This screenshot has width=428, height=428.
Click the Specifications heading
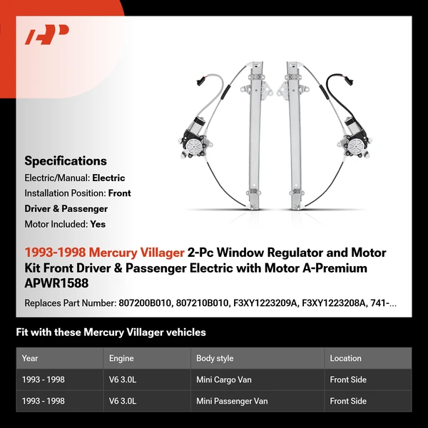point(66,160)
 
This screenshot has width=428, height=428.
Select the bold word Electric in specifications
point(108,178)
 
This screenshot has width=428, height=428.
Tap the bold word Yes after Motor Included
point(98,223)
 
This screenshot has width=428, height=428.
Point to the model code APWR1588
point(53,283)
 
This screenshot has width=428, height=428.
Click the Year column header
point(30,358)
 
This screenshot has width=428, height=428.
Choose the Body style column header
point(215,358)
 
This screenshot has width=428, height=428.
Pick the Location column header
point(345,358)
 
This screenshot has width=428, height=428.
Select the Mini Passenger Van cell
point(232,401)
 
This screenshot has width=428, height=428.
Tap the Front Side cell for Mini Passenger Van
point(349,401)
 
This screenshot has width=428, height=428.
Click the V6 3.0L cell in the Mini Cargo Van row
point(122,379)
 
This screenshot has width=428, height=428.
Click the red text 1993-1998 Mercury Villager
point(105,253)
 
